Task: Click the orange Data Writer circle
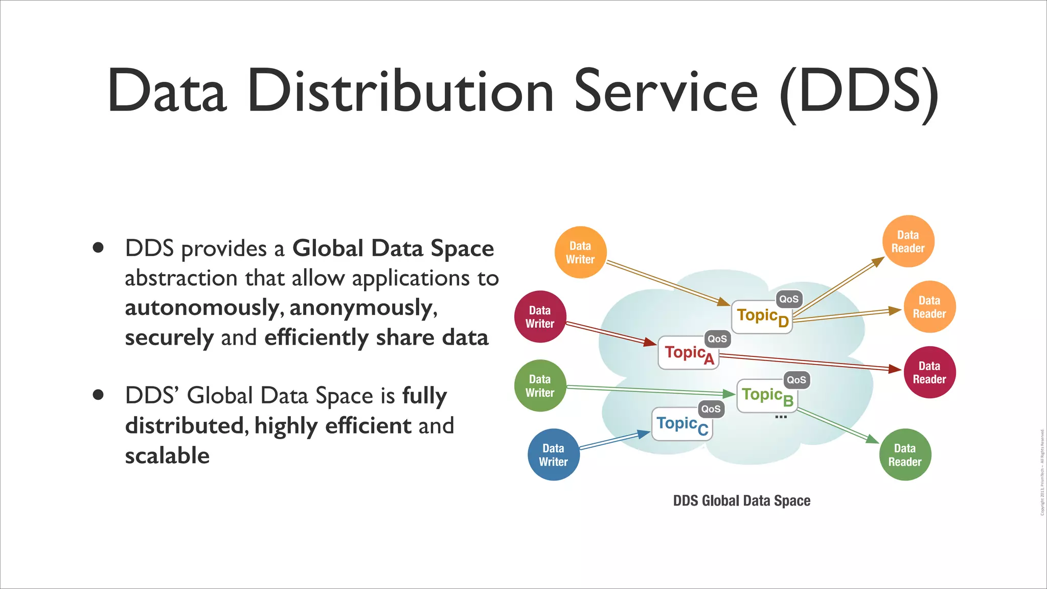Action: click(580, 253)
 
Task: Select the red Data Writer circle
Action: click(540, 317)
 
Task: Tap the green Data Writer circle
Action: click(540, 386)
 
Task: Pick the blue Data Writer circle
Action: click(553, 455)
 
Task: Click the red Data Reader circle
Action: click(929, 372)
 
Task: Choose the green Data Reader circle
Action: click(905, 455)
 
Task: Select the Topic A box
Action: click(688, 353)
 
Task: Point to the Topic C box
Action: click(682, 424)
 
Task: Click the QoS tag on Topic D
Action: click(788, 299)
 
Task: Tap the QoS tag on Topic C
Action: click(711, 409)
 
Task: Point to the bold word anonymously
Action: click(363, 308)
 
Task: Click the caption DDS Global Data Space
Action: click(741, 501)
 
